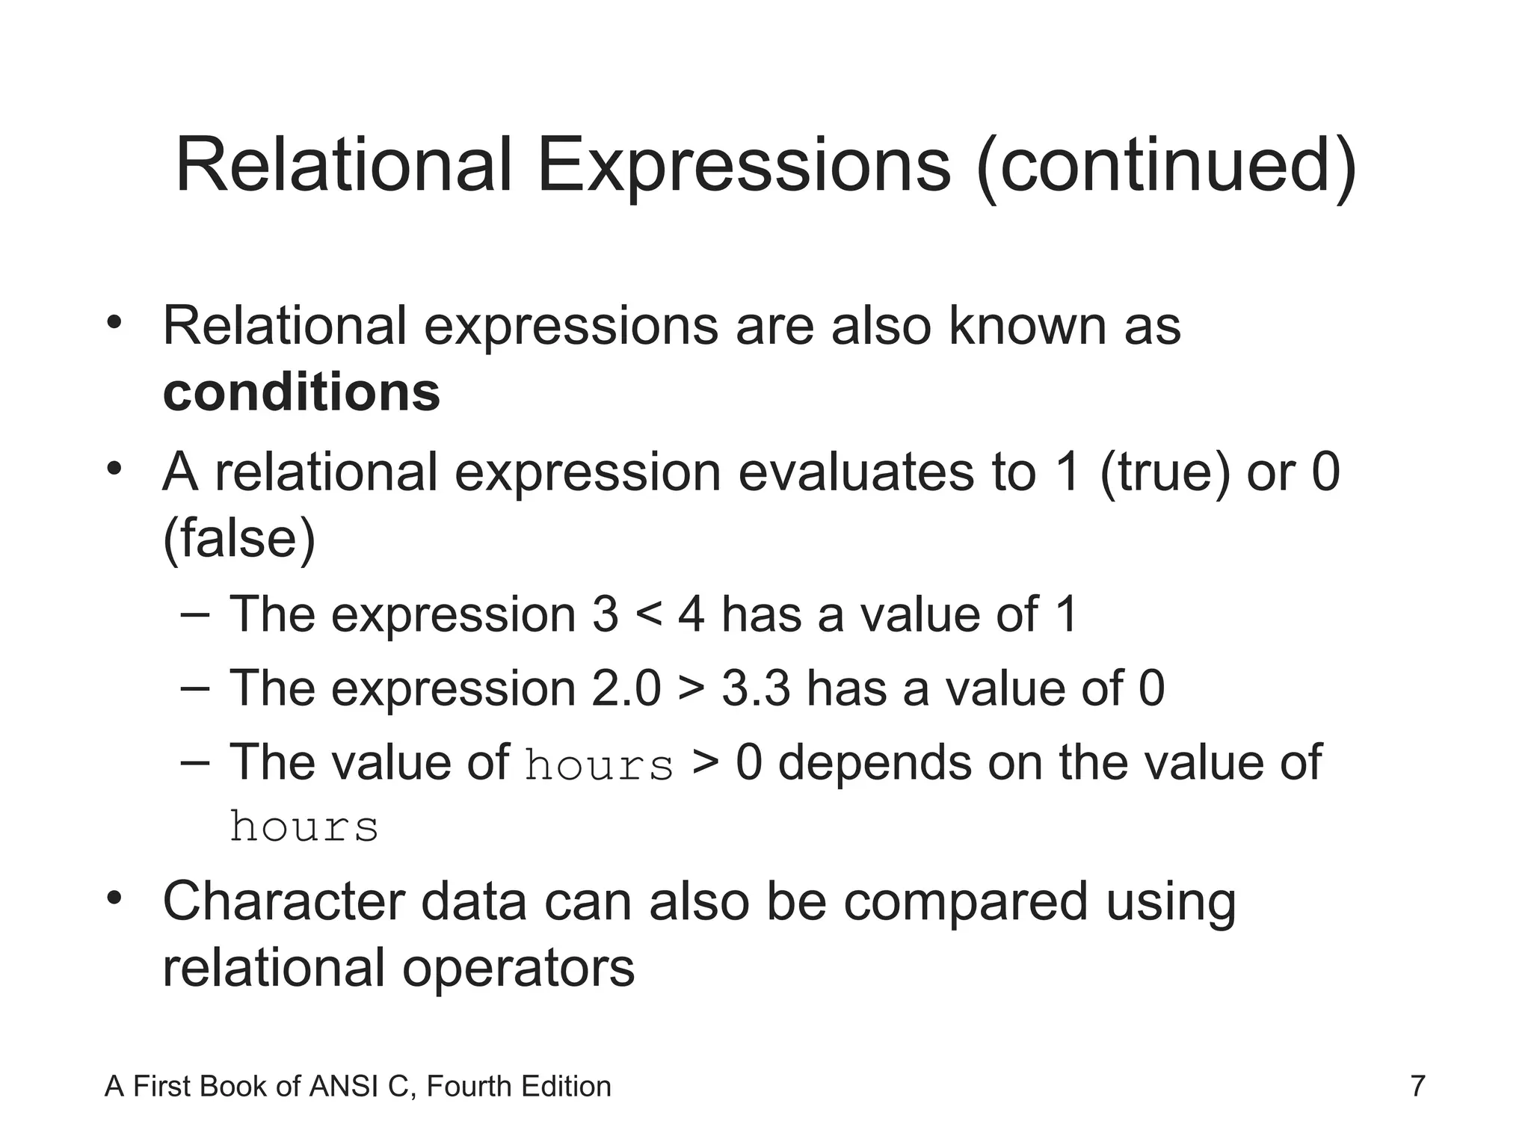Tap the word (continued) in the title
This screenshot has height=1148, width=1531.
[1166, 166]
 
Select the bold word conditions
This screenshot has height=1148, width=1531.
[301, 392]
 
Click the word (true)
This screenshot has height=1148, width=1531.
[1165, 472]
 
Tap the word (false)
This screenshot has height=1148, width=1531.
[239, 538]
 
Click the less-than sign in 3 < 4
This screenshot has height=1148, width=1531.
[648, 615]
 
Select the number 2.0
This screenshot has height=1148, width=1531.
[626, 688]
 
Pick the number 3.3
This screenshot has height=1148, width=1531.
[755, 688]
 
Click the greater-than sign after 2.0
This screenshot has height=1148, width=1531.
[691, 688]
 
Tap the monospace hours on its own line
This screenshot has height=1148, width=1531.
[304, 827]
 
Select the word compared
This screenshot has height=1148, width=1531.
[965, 901]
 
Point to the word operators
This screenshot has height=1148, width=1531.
[518, 968]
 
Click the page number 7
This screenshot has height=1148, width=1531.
[1417, 1086]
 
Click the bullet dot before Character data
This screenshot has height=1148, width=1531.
[114, 896]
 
